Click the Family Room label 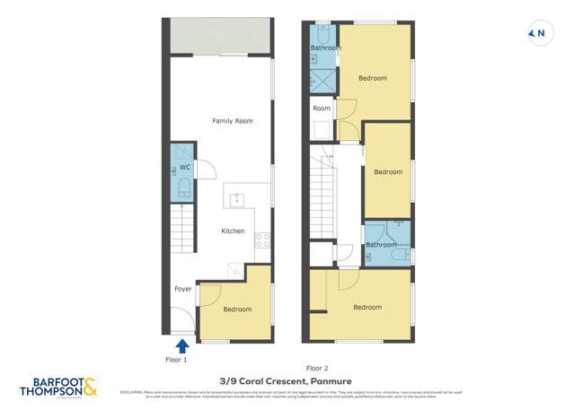tap(232, 120)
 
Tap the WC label tap(184, 168)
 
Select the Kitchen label tap(233, 231)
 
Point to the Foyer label tap(182, 289)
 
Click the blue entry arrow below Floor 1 tap(181, 345)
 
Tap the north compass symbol tap(539, 34)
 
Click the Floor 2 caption tap(317, 368)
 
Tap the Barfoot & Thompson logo tap(59, 388)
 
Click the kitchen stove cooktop tap(263, 239)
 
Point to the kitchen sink tap(238, 199)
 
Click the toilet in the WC tap(182, 187)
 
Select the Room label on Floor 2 tap(322, 109)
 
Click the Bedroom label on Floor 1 tap(237, 309)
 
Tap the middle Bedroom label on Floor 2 tap(388, 172)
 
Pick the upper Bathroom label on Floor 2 tap(325, 48)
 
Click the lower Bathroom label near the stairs tap(381, 244)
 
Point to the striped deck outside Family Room tap(221, 37)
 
